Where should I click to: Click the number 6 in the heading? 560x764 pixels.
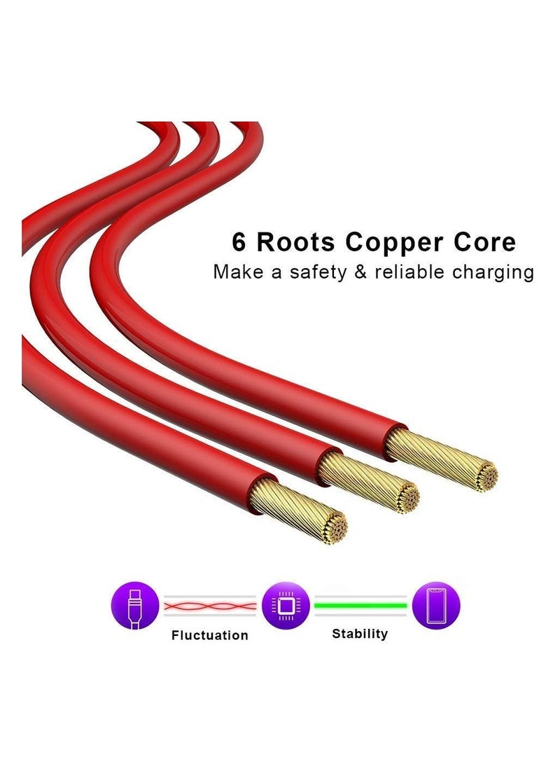240,242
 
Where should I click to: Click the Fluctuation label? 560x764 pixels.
209,635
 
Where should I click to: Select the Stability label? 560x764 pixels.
360,634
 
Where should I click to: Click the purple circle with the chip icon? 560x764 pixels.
286,605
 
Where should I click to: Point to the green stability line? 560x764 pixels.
360,605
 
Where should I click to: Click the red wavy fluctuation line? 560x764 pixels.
210,605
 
